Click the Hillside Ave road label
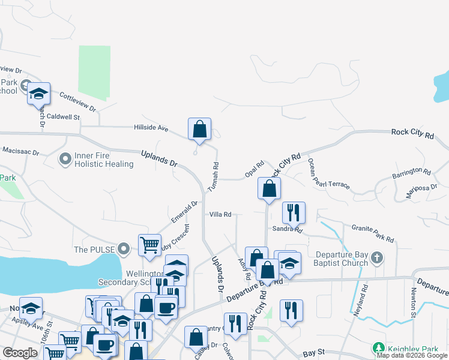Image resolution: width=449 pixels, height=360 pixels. [151, 127]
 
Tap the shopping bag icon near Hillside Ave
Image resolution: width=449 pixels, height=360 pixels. [199, 130]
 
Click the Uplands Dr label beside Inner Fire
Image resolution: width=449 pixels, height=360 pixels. [160, 159]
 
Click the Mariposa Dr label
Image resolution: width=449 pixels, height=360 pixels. [424, 193]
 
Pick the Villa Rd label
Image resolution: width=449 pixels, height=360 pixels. [220, 214]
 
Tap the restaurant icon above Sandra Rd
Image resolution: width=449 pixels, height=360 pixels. [294, 212]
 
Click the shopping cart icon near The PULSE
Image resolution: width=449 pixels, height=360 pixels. [149, 244]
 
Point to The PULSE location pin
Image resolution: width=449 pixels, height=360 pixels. [124, 248]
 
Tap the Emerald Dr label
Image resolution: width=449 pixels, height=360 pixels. [184, 211]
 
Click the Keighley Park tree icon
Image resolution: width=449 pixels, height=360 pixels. [378, 348]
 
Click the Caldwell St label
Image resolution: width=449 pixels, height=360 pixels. [64, 117]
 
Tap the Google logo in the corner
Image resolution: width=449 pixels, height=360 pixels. [20, 353]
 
